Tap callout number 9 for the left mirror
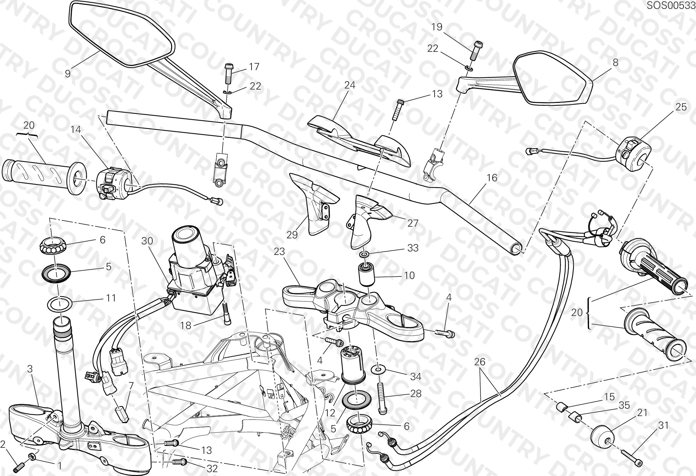point(68,73)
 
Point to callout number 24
point(350,85)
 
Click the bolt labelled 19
point(476,50)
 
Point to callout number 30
point(147,241)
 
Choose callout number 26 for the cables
point(480,362)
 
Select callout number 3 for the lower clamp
point(30,369)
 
